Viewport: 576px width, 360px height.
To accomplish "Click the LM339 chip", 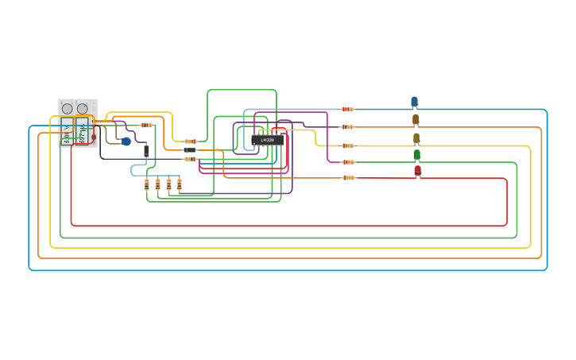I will point(267,140).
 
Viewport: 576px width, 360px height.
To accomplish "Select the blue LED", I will point(414,102).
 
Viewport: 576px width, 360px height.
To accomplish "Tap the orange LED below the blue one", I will point(416,119).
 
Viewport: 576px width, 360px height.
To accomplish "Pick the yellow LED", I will point(416,137).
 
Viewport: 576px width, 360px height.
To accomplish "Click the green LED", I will point(417,154).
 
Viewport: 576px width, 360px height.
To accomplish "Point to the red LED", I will point(418,170).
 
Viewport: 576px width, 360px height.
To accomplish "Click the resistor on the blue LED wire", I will point(347,109).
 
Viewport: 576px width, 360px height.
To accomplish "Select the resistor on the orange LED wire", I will point(347,126).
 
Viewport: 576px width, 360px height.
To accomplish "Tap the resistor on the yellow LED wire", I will point(348,145).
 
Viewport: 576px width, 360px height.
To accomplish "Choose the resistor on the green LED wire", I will point(348,162).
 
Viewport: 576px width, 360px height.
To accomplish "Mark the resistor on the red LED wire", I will point(348,177).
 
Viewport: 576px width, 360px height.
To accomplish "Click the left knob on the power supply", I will point(68,109).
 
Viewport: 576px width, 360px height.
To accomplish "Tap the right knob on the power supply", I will point(83,109).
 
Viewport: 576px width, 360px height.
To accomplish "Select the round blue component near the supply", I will point(126,141).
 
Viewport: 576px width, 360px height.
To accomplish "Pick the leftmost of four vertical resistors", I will point(147,184).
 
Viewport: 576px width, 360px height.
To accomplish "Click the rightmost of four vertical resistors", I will point(180,184).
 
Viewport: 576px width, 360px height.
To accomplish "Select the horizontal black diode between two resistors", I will point(189,150).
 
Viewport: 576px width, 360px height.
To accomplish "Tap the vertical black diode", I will point(146,150).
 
